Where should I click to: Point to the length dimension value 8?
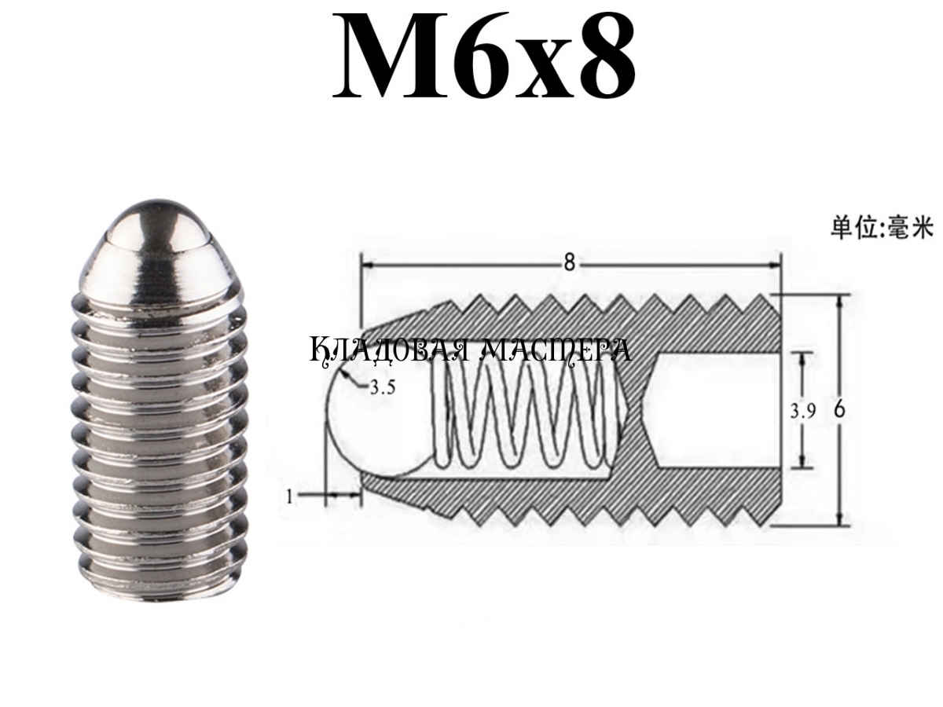point(569,262)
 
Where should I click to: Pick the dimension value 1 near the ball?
point(289,497)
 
